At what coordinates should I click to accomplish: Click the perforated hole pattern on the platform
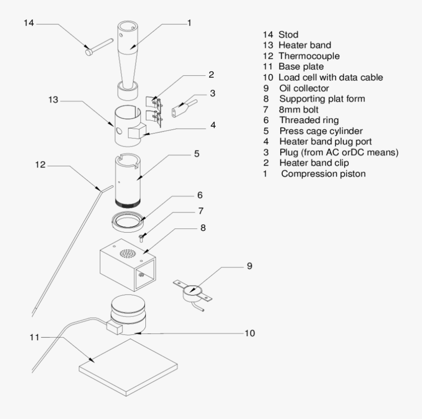[x=127, y=254]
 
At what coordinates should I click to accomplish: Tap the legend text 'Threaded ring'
[x=309, y=120]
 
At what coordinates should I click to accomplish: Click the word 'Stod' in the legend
[x=288, y=35]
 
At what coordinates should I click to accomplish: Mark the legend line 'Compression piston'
[x=324, y=173]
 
